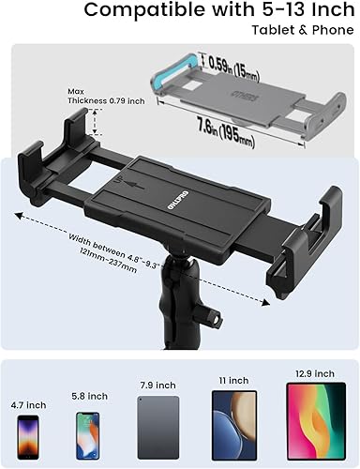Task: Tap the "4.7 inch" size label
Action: click(x=30, y=405)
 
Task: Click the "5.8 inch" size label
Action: click(x=88, y=396)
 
